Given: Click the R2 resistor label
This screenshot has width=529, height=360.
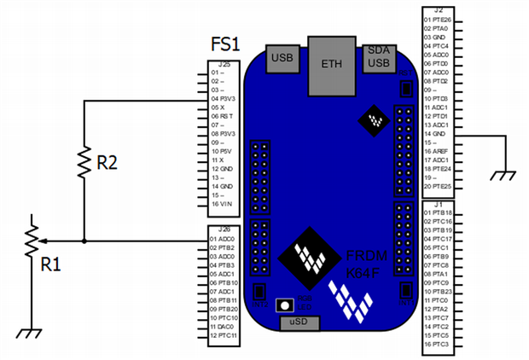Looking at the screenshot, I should (x=108, y=165).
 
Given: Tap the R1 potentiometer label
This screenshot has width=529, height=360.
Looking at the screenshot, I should (x=52, y=263).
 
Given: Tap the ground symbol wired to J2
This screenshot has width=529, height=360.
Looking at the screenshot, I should (x=505, y=176).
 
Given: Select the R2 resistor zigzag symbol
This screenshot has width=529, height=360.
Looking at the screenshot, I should (x=84, y=161).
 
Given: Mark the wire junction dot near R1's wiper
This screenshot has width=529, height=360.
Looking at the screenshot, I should (x=84, y=241).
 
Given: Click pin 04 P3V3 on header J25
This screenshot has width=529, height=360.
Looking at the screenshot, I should (x=224, y=99).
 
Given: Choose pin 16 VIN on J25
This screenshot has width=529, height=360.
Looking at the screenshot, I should (x=223, y=204).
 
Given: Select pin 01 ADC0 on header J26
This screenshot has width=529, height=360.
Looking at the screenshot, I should (x=224, y=240).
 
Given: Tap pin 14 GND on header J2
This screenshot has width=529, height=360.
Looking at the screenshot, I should (x=438, y=134).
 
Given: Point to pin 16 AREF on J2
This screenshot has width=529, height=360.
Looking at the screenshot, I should (x=439, y=151).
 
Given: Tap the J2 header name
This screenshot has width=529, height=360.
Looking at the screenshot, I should (x=438, y=9).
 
